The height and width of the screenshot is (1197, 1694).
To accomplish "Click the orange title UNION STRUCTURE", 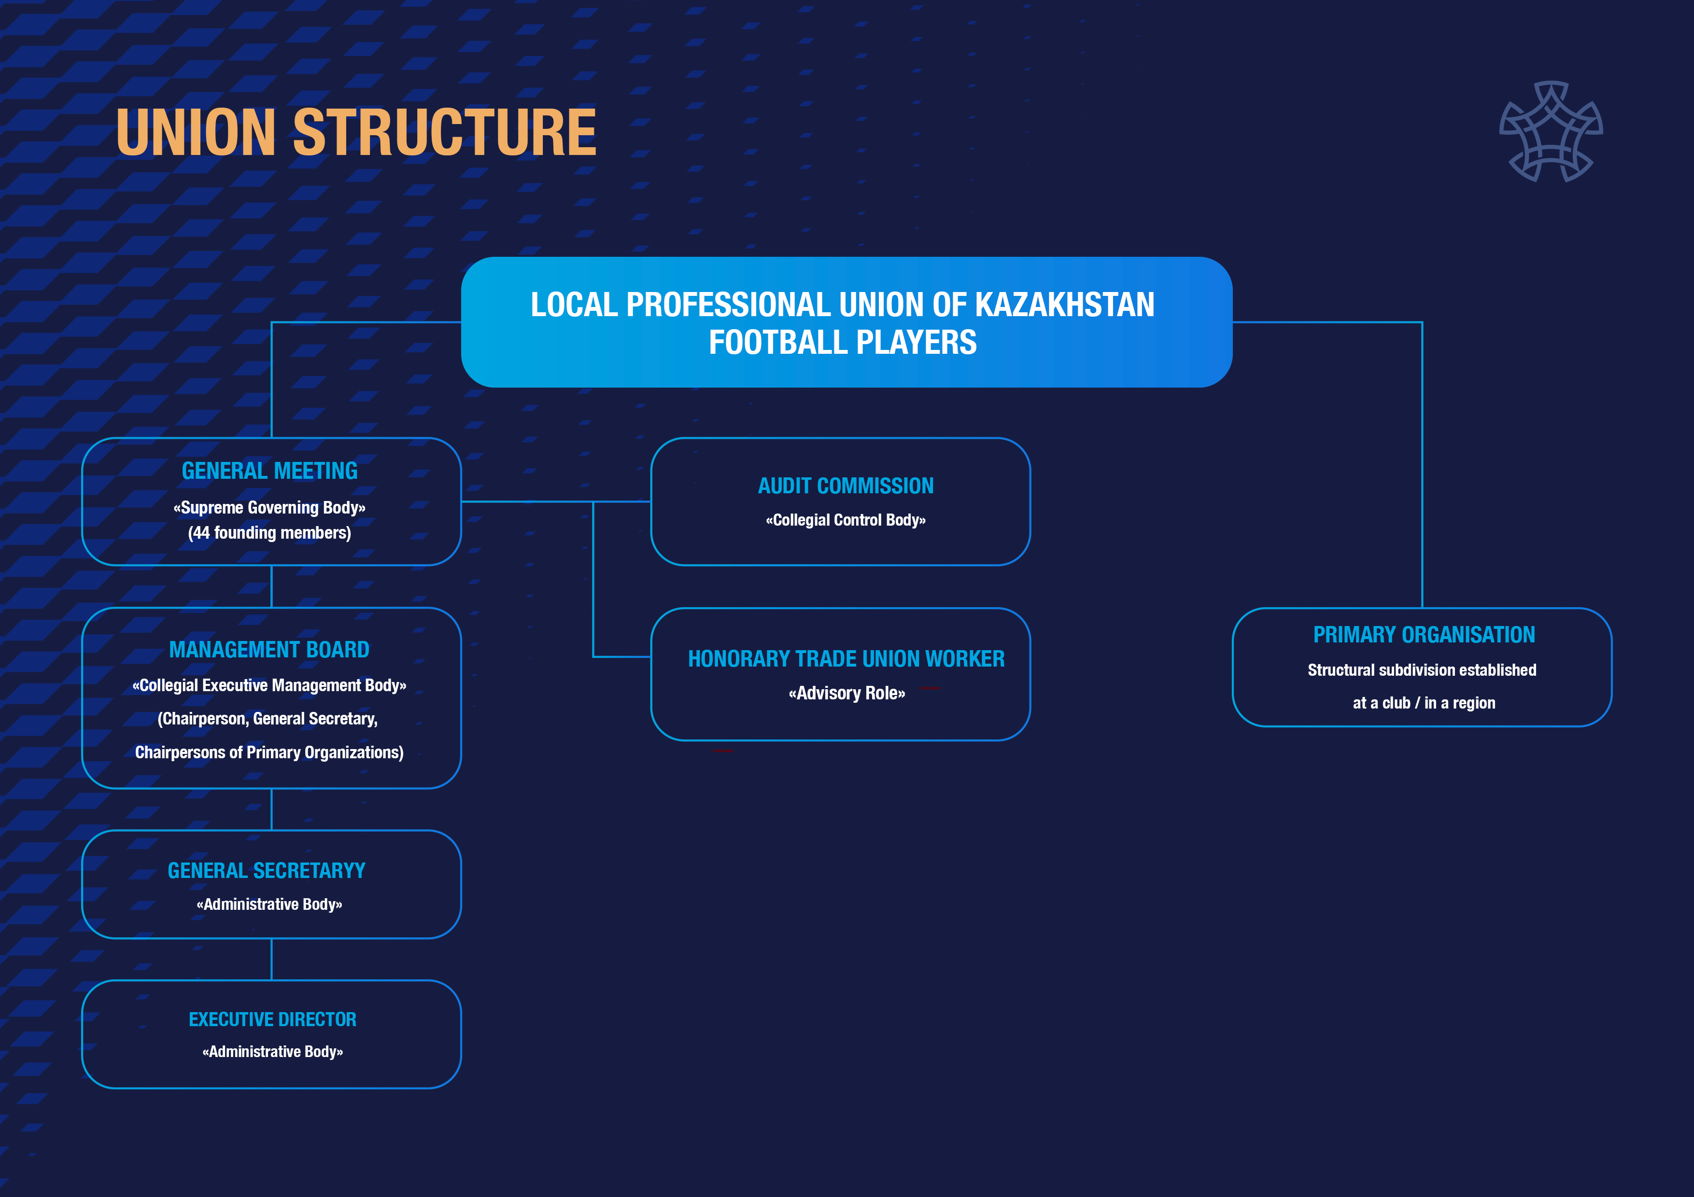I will (x=355, y=133).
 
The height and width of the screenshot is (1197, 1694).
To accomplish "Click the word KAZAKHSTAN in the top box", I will (x=1065, y=305).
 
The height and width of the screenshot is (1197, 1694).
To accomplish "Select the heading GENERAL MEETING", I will (x=269, y=471).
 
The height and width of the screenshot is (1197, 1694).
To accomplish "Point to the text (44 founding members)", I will (x=269, y=532).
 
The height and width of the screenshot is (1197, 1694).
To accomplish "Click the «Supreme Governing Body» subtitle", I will (x=269, y=507).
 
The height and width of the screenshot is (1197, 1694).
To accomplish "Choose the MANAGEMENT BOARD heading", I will (x=269, y=649).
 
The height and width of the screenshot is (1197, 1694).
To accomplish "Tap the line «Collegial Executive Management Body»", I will (x=269, y=685).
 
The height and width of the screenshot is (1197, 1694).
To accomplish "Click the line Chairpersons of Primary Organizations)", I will (x=269, y=752).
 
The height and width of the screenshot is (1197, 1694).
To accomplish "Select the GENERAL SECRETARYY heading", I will (x=267, y=870).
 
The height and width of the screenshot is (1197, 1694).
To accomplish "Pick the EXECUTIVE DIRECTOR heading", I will (x=272, y=1019).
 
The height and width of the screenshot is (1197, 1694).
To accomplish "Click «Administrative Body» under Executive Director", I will (x=272, y=1052).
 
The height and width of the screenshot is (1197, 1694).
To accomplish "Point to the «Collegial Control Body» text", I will (x=846, y=520).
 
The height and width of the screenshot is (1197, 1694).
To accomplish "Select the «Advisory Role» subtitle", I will (x=846, y=693).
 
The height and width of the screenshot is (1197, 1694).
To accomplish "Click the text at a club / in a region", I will (x=1423, y=703).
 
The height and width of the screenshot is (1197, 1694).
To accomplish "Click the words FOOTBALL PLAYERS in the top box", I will (x=843, y=342).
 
